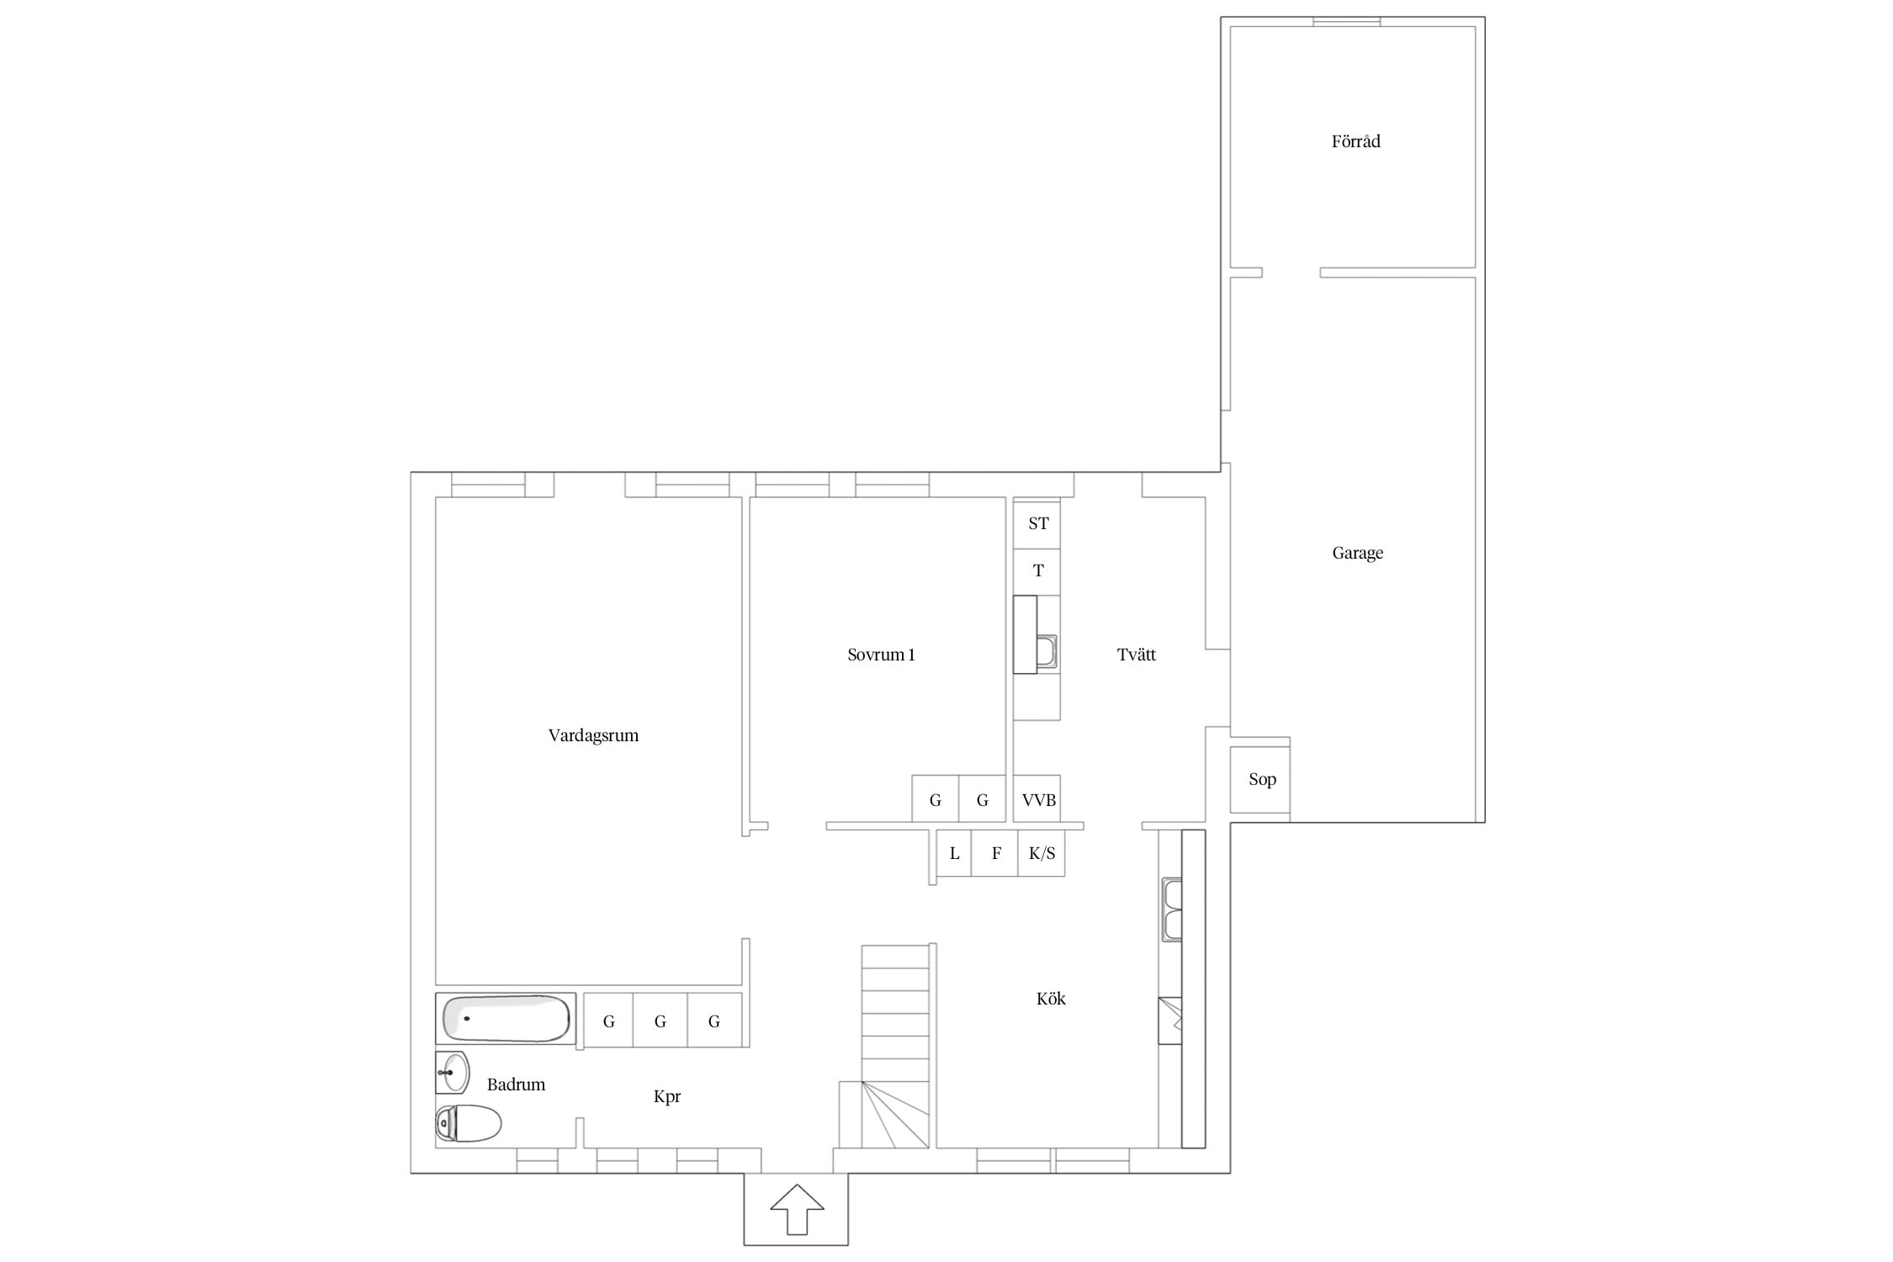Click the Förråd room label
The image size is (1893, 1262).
1355,141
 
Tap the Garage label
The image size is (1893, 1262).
1357,553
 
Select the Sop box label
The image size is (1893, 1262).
1262,779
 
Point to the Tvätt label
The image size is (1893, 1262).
1136,655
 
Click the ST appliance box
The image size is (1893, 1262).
1037,524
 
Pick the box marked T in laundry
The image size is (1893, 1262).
1037,572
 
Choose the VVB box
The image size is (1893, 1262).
1037,798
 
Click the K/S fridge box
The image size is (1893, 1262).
1042,853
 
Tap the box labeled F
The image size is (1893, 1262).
994,853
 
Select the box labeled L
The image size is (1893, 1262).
954,853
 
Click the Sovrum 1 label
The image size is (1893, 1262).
881,655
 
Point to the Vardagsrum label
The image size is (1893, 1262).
593,735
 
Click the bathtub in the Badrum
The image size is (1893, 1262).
506,1018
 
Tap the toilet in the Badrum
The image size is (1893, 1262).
469,1123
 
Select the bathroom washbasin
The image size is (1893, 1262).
453,1073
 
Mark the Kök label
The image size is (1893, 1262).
1051,999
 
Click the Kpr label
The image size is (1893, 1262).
666,1097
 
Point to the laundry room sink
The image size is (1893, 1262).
1046,652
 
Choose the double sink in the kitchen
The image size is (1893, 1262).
1172,909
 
